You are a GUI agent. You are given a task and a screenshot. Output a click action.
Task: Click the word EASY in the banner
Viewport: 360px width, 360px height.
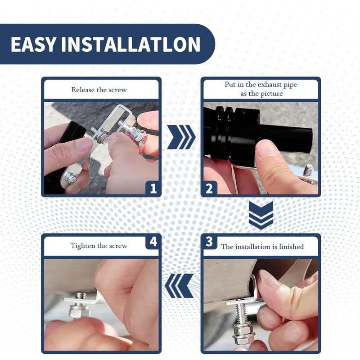33,44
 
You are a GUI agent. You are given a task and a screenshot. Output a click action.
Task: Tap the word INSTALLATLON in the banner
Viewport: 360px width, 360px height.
131,44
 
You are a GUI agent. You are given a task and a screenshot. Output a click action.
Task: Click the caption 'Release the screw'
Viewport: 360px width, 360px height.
99,90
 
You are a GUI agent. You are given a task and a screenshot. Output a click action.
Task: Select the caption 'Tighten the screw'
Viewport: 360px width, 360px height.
99,246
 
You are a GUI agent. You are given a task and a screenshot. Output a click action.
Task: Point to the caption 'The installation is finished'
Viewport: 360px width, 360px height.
262,247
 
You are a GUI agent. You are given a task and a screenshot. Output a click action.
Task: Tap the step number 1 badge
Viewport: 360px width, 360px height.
153,189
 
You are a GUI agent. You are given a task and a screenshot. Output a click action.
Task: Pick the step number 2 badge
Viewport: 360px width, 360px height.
209,189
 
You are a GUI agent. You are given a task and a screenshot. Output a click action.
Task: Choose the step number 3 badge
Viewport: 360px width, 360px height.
209,242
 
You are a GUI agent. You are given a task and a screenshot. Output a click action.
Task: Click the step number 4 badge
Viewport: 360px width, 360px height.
153,242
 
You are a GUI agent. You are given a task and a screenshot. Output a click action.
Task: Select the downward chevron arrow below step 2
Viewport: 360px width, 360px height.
261,215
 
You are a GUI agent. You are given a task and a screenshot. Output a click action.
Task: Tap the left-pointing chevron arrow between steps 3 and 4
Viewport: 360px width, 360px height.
179,286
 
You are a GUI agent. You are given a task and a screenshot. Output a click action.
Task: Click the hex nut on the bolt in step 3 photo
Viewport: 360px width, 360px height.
243,331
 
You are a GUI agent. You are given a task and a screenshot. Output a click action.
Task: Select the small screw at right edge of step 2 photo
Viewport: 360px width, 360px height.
308,171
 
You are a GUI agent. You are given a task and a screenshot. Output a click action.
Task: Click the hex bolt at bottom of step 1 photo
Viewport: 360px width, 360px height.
70,178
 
